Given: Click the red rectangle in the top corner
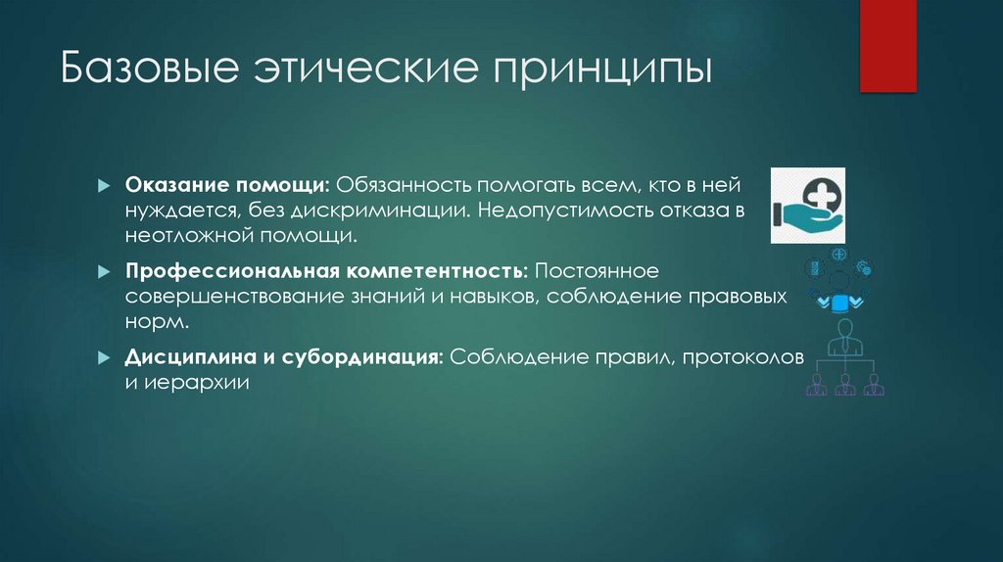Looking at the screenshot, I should point(888,45).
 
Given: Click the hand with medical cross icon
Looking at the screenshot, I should point(808,204).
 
